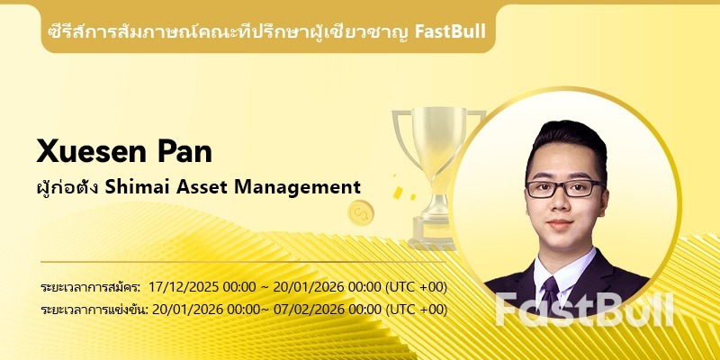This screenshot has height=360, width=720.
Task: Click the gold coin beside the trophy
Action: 361,213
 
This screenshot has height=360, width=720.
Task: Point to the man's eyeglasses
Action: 564,188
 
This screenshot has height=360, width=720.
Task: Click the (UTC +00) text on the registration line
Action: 416,287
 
